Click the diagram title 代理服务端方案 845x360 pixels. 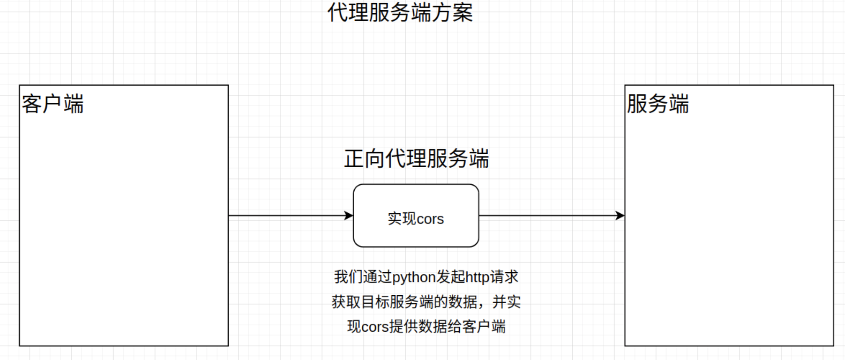[400, 12]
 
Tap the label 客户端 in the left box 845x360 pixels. [53, 104]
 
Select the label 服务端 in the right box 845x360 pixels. [657, 104]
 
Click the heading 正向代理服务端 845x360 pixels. [416, 159]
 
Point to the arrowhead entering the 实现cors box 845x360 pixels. [349, 216]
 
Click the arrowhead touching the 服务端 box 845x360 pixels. [620, 216]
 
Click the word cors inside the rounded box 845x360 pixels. [430, 219]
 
